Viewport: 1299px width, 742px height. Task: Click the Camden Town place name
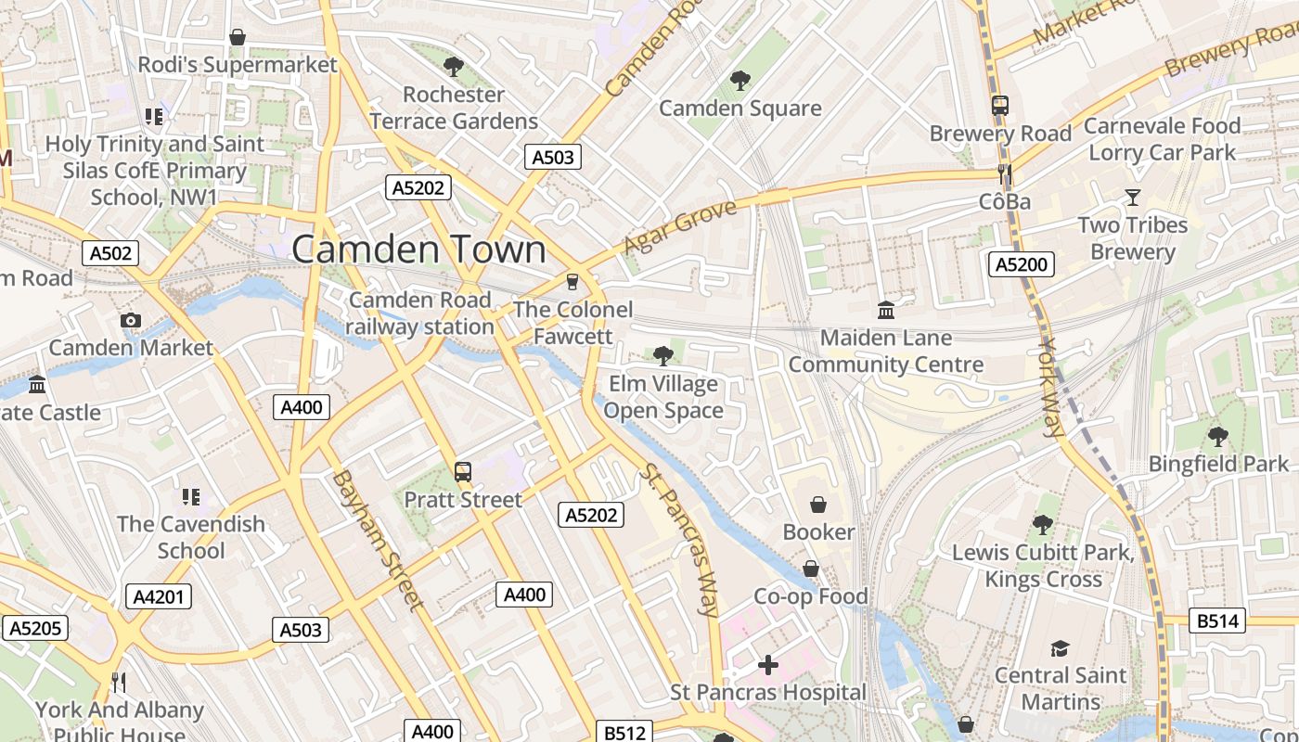coord(418,249)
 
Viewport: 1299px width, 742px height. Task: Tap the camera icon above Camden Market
coord(131,321)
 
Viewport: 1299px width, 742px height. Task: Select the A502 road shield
coord(110,253)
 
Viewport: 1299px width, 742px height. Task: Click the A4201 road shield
coord(159,596)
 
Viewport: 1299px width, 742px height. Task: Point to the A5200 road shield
coord(1021,264)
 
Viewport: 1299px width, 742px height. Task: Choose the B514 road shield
coord(1217,620)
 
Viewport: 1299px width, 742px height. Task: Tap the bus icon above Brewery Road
coord(1000,106)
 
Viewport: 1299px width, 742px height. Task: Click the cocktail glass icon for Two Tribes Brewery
coord(1132,197)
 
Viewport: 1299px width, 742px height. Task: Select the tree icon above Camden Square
coord(740,81)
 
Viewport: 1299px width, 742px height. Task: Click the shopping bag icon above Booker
coord(818,505)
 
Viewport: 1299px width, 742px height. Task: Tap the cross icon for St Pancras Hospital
coord(767,665)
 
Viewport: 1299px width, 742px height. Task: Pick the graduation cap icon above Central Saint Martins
coord(1060,648)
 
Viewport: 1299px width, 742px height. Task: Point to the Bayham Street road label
coord(378,540)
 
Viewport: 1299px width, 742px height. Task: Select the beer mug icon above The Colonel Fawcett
coord(572,282)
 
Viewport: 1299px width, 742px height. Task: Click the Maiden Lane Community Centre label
coord(885,351)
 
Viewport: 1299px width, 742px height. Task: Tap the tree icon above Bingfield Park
coord(1217,436)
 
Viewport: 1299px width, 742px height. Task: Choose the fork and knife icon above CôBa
coord(1003,174)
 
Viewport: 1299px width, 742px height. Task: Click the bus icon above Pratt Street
coord(463,472)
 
